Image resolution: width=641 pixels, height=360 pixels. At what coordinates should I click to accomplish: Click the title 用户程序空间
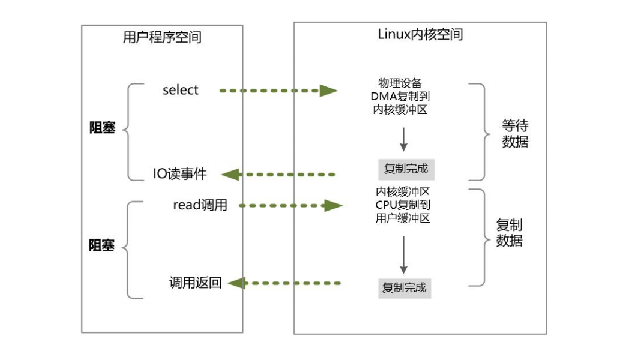click(162, 38)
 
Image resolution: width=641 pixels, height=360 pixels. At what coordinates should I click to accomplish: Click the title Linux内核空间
click(420, 34)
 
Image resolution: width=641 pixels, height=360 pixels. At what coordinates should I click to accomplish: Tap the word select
click(180, 90)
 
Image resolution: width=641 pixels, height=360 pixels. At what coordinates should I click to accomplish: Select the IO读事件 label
click(179, 174)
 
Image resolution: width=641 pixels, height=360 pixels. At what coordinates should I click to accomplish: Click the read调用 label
click(200, 205)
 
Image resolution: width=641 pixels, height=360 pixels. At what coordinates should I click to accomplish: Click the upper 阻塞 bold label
click(102, 128)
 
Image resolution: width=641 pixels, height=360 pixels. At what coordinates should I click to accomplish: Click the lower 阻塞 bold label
click(102, 245)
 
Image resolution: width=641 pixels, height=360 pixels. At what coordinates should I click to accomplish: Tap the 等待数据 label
click(515, 134)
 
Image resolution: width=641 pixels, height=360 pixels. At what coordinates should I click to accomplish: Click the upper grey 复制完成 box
click(406, 169)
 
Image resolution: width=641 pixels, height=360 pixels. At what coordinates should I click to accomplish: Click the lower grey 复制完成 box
click(405, 287)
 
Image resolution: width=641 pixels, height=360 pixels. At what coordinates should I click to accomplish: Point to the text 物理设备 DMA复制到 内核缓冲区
click(403, 96)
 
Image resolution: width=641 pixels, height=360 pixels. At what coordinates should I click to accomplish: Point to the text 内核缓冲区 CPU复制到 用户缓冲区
click(403, 205)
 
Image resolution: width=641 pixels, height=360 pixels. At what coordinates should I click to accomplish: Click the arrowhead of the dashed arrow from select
click(328, 91)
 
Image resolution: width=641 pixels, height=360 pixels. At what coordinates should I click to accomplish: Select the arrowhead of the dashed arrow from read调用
click(333, 206)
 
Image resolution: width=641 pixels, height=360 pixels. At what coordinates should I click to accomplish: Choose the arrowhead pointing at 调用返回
click(236, 283)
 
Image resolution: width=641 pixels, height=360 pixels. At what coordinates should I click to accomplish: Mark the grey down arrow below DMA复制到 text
click(403, 139)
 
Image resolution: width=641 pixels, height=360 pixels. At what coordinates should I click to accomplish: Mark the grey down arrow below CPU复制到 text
click(403, 254)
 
